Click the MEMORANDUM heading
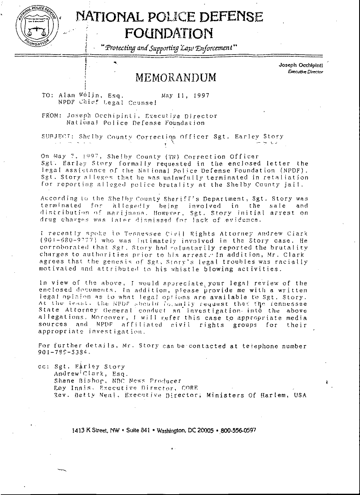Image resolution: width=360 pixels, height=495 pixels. pos(176,77)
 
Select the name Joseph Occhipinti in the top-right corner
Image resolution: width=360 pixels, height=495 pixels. pos(301,65)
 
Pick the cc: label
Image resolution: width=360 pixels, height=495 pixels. pos(43,367)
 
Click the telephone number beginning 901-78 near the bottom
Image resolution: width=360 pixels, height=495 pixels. pos(64,353)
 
